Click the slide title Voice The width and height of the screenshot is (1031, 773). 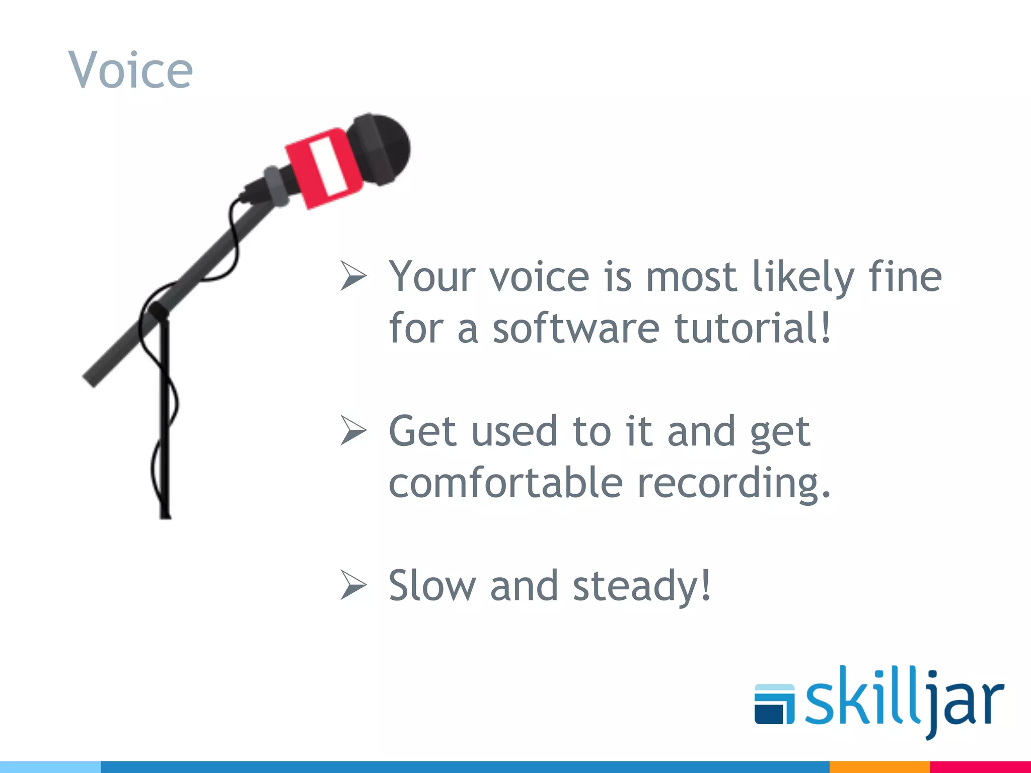pos(130,70)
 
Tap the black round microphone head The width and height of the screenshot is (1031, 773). pos(383,148)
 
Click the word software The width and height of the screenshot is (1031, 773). pos(575,328)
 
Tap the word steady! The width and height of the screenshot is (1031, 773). pos(642,586)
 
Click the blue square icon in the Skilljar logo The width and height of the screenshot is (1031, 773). pos(774,705)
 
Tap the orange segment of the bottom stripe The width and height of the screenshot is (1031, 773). pos(879,767)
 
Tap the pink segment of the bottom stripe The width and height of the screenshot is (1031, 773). pos(980,767)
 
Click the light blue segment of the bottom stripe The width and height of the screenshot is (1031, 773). pos(50,767)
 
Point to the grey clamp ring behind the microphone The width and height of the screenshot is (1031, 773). pos(276,186)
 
